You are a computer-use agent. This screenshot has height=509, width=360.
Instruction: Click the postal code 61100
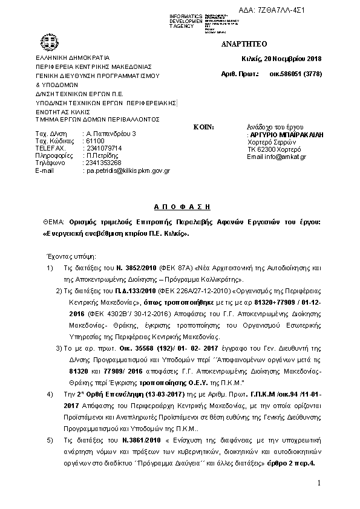coord(94,140)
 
